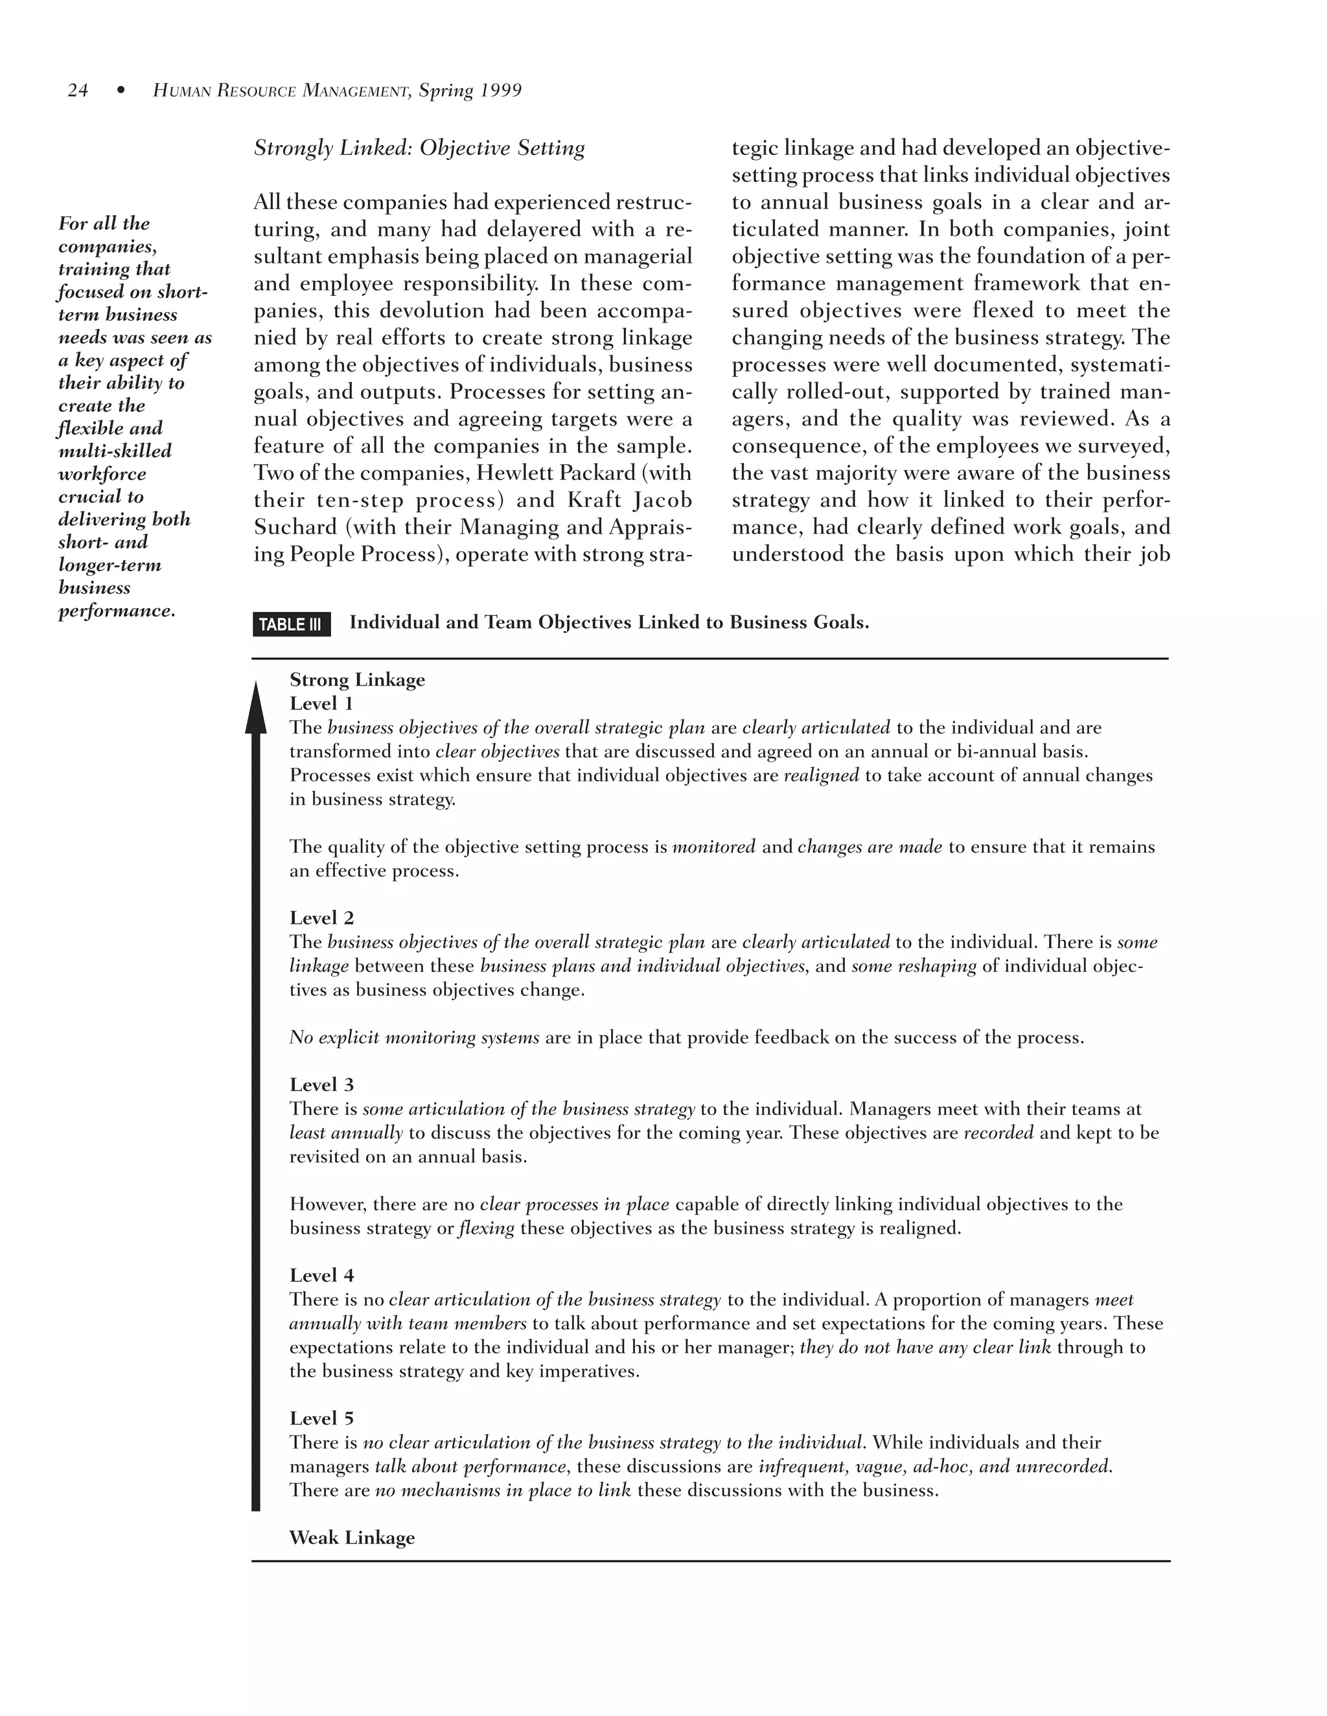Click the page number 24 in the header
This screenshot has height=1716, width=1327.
[77, 91]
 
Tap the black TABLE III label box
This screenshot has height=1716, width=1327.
[291, 624]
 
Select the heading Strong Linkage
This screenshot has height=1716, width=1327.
[357, 680]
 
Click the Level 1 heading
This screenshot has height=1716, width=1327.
[321, 703]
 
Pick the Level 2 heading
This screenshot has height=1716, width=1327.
[321, 918]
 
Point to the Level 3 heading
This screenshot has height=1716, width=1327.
[321, 1084]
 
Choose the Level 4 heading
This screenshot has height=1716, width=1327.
[321, 1275]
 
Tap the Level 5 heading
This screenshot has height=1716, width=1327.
[321, 1418]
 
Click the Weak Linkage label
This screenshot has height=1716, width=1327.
[351, 1538]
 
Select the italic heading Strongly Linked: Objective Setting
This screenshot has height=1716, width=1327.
[419, 148]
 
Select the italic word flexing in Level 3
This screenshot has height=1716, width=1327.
[486, 1227]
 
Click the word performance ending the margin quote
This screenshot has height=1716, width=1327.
[115, 611]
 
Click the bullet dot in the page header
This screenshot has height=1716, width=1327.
[121, 91]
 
